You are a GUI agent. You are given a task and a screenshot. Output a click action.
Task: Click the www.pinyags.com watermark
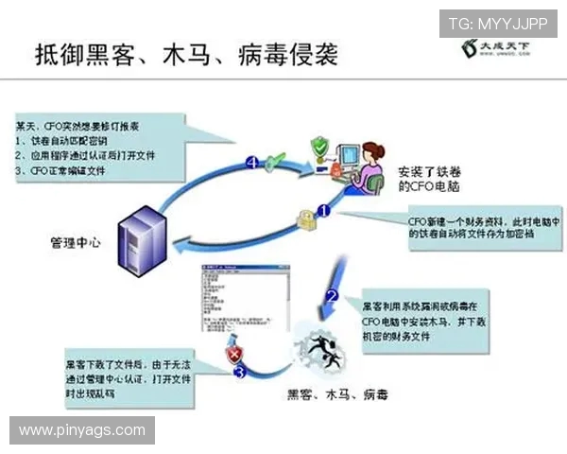pos(82,430)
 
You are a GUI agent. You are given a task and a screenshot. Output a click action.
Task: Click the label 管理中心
pos(76,243)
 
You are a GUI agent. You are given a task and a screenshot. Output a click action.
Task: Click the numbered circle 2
pos(332,295)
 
